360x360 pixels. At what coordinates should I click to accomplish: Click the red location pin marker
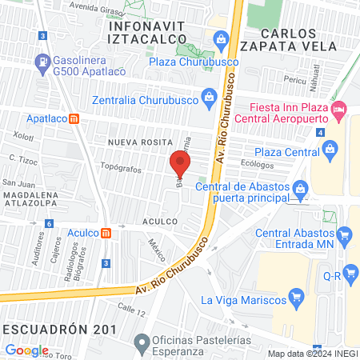tap(180, 163)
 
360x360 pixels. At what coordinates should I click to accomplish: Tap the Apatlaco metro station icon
tap(74, 118)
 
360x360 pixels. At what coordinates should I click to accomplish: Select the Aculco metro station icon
tap(106, 232)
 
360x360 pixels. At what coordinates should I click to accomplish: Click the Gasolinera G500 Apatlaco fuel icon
tap(40, 61)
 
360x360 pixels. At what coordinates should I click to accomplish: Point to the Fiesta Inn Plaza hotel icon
tap(339, 107)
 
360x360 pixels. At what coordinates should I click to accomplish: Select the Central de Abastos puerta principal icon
tap(300, 190)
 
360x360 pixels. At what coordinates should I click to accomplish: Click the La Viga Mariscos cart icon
tap(296, 300)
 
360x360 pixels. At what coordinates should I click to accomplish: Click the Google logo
tap(26, 350)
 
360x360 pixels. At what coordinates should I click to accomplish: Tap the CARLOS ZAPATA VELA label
tap(307, 39)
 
